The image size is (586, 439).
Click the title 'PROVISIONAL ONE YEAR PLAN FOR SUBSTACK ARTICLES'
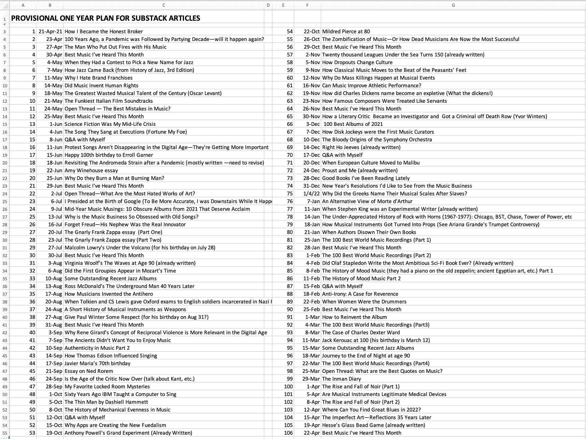coord(106,18)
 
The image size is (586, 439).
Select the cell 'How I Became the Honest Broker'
coord(104,31)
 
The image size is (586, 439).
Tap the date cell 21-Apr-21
coord(50,31)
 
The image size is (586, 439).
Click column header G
coord(453,5)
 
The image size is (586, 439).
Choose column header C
coord(164,5)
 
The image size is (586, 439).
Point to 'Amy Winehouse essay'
coord(91,171)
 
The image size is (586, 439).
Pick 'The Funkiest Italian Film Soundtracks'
coord(109,101)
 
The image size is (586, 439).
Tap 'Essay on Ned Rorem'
coord(89,371)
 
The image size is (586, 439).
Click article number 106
coord(288,433)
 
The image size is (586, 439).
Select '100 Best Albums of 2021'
coord(353,124)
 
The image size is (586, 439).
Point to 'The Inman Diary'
coord(342,379)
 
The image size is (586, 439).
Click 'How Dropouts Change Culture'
coord(357,62)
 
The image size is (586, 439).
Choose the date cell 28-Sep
coord(54,387)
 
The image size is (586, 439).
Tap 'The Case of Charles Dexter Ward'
coord(361,333)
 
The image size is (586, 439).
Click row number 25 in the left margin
coord(5,202)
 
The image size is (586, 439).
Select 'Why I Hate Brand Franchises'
coord(98,78)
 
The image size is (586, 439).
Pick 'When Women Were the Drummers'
coord(364,302)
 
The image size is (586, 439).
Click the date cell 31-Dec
coord(312,186)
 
